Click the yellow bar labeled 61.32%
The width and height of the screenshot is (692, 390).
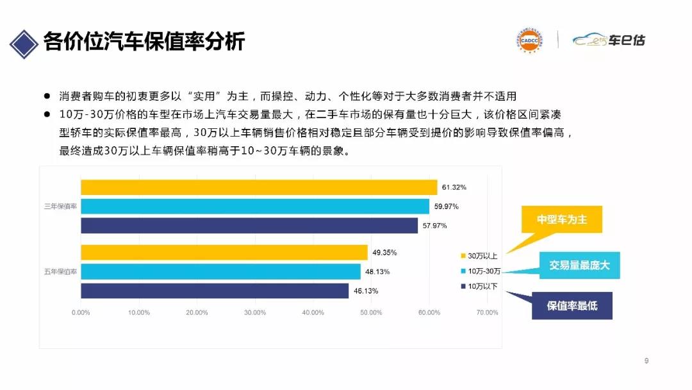(x=259, y=187)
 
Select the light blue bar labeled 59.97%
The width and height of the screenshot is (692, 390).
(x=255, y=207)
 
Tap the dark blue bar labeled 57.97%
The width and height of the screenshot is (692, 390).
(x=249, y=226)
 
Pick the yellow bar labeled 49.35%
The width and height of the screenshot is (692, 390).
(x=224, y=252)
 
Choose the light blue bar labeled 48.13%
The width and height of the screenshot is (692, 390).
(x=220, y=271)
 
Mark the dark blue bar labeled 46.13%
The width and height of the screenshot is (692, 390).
(x=215, y=291)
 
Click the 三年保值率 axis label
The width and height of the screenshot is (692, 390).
(x=60, y=207)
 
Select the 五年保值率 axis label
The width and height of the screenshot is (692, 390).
(x=60, y=271)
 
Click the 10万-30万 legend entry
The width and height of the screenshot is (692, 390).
(x=482, y=270)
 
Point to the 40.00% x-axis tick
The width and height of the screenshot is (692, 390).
(x=313, y=312)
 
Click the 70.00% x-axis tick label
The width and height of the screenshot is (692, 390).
(x=487, y=312)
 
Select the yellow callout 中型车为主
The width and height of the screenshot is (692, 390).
(x=561, y=220)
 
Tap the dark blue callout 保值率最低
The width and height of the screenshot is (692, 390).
(x=572, y=305)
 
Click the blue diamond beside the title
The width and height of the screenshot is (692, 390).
(x=23, y=42)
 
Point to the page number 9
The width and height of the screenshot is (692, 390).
(x=647, y=361)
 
